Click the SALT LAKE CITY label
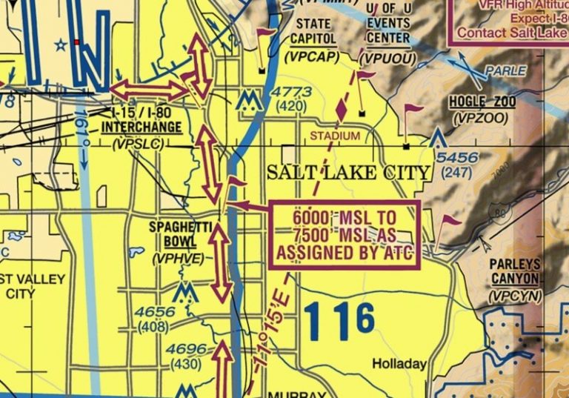click(x=348, y=173)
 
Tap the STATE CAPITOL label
click(x=313, y=31)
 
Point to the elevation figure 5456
click(x=457, y=158)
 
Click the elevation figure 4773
click(x=292, y=92)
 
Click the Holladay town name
click(x=399, y=364)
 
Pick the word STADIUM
click(x=335, y=136)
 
